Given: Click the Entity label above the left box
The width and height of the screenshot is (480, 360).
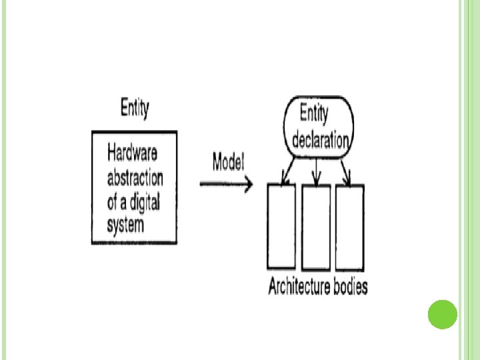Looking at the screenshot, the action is [x=135, y=109].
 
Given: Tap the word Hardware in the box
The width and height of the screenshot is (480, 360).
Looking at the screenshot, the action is [x=133, y=154].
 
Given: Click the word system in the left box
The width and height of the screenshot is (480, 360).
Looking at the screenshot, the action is [x=125, y=224].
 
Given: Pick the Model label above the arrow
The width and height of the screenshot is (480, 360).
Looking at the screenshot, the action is [x=228, y=161].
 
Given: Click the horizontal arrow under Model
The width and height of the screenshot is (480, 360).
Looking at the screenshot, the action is [x=227, y=183].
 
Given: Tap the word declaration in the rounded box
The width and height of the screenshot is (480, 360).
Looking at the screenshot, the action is [x=320, y=141].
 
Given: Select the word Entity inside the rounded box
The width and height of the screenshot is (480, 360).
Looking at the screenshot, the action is [x=314, y=115].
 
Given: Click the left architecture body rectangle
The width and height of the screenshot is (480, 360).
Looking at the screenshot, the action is [x=281, y=226].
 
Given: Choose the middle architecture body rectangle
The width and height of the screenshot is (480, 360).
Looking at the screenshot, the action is [x=316, y=226].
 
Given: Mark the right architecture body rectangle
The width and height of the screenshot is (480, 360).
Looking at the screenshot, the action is [x=350, y=226].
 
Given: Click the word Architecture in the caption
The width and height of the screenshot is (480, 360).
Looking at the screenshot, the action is [x=299, y=287].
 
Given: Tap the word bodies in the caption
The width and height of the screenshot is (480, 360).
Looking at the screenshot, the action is [x=351, y=287].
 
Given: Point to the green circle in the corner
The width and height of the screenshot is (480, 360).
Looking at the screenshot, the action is [x=441, y=315].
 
